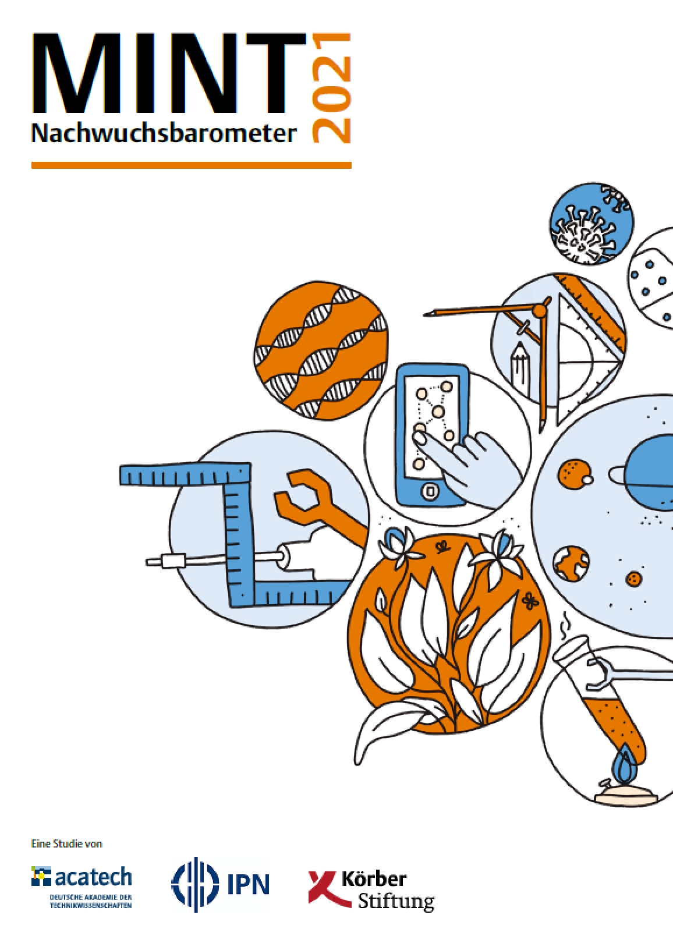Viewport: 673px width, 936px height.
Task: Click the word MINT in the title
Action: (169, 73)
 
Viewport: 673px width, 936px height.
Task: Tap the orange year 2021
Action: (332, 88)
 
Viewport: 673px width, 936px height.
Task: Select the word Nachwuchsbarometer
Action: (164, 134)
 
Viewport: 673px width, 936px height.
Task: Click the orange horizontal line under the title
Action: (192, 165)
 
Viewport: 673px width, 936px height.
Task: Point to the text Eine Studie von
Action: (67, 843)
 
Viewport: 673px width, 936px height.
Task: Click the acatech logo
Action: (82, 888)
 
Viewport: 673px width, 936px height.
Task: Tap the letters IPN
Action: (248, 884)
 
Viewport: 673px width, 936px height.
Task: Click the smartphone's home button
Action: (430, 491)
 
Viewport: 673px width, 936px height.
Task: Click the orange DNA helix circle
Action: (321, 350)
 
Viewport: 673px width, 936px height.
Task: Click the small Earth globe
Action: (571, 563)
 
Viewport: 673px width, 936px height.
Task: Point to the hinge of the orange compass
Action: (540, 311)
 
